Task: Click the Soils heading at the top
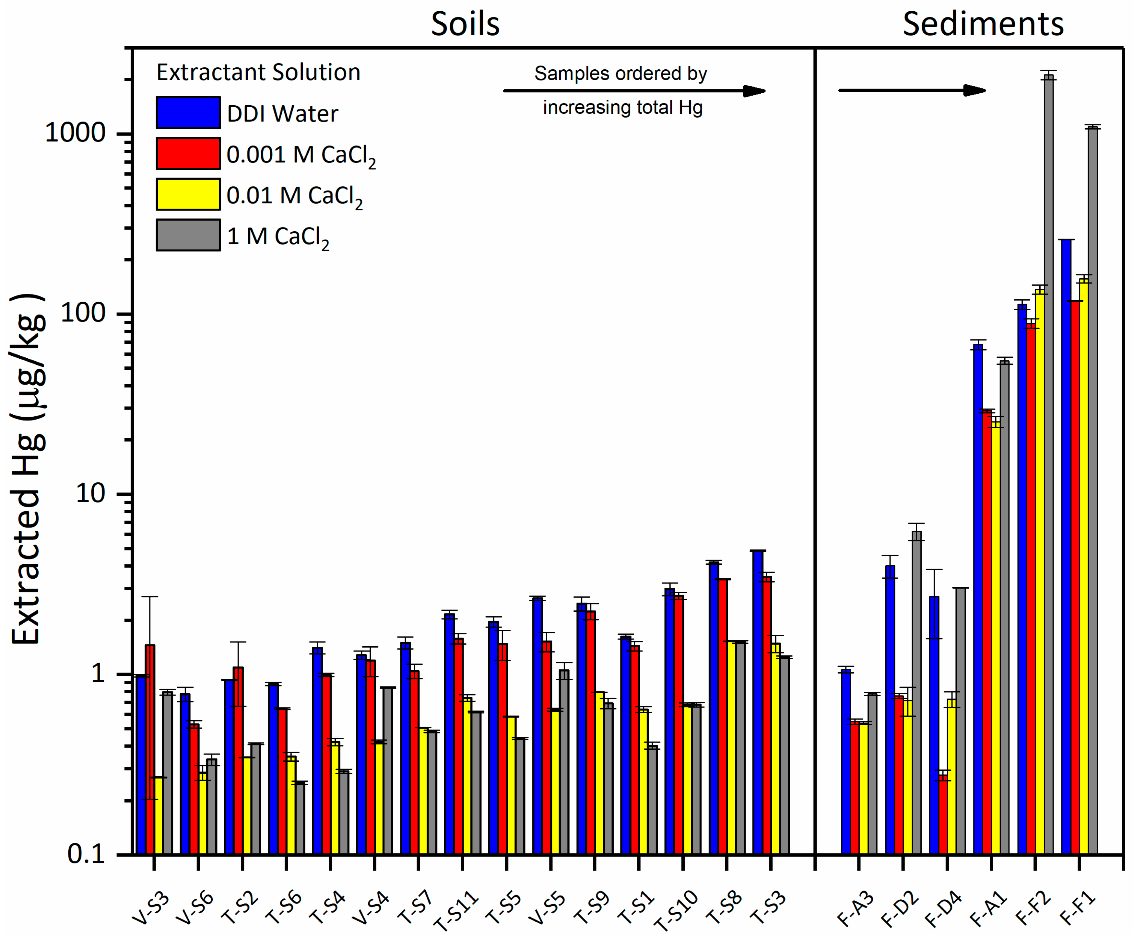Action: (x=465, y=24)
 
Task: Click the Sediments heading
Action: (x=983, y=24)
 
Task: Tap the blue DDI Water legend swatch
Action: (x=188, y=112)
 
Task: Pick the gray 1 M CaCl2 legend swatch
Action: (x=188, y=235)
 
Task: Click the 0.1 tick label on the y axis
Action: (x=86, y=854)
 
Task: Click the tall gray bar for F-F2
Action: (x=1048, y=463)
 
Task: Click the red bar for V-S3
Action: (x=150, y=749)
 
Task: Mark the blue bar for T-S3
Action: (x=758, y=700)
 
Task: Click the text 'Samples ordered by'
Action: (x=620, y=73)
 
